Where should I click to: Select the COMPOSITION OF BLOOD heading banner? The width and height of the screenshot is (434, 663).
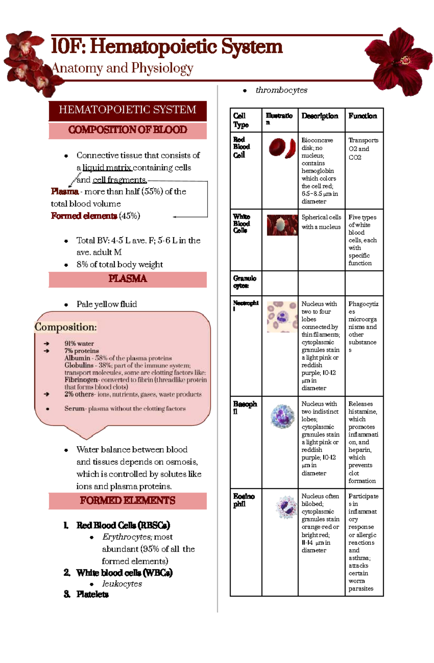click(x=128, y=130)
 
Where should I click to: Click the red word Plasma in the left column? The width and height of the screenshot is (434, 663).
click(x=64, y=191)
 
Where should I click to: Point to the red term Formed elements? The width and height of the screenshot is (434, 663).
click(x=84, y=216)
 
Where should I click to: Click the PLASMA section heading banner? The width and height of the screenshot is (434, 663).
click(x=128, y=279)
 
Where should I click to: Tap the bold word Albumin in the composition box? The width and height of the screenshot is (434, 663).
click(x=77, y=358)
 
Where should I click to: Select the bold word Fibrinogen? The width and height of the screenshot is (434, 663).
click(x=81, y=380)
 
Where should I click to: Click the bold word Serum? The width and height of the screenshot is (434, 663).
click(x=75, y=409)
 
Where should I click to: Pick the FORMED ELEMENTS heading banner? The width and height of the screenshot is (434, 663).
click(x=128, y=501)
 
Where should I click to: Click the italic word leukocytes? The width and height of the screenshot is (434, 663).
click(x=122, y=584)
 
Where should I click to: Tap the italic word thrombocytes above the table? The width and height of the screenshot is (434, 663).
click(x=281, y=90)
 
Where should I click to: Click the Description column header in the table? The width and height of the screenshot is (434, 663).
click(x=320, y=116)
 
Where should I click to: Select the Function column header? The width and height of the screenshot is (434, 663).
click(x=363, y=116)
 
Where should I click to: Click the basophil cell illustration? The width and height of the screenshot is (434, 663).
click(x=282, y=417)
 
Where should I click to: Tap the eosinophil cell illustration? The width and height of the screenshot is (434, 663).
click(x=286, y=507)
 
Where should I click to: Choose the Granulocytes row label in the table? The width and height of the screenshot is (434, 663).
click(x=244, y=282)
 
